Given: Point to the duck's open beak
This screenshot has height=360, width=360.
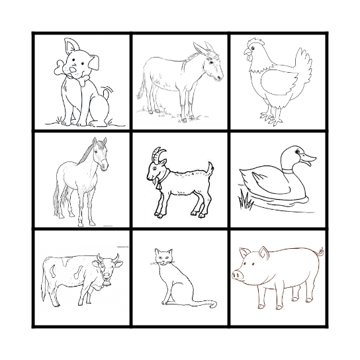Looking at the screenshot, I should (308, 160).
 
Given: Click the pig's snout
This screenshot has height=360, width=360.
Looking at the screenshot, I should (237, 273).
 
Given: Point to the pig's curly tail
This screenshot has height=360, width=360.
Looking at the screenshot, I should (322, 254).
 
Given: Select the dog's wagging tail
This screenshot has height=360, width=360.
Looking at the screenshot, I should (106, 91).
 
